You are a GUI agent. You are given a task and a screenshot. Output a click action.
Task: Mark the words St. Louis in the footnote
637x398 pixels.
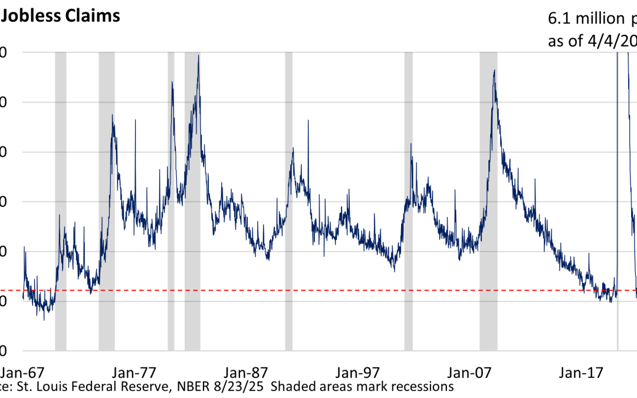point(41,387)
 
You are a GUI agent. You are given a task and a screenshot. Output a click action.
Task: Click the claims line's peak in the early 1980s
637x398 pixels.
point(198,55)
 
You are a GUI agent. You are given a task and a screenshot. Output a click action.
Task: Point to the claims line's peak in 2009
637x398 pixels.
point(494,71)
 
